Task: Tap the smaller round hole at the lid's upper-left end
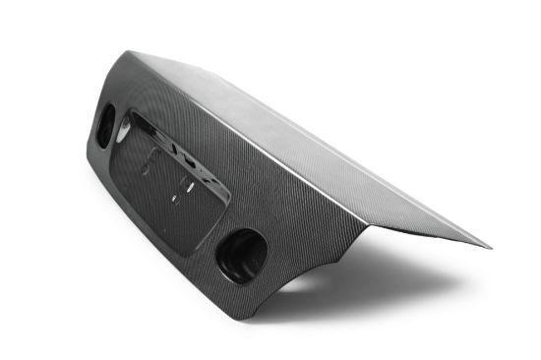[x=103, y=129]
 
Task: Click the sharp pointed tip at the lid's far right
[x=489, y=246]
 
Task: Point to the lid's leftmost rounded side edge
[x=90, y=148]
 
